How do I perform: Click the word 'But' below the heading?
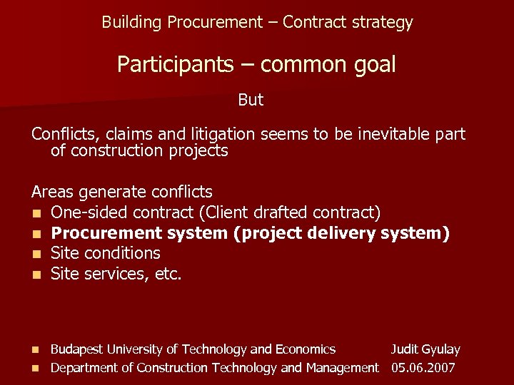click(251, 101)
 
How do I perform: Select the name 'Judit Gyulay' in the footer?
click(425, 349)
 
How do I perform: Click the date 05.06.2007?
click(423, 368)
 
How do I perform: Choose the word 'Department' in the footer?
click(85, 368)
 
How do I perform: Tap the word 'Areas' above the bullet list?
click(53, 192)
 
